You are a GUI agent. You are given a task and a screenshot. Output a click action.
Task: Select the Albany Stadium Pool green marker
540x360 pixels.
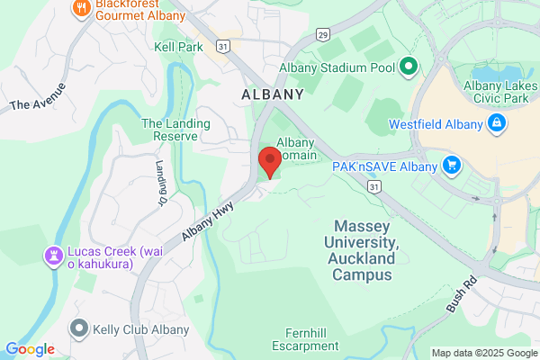point(407,66)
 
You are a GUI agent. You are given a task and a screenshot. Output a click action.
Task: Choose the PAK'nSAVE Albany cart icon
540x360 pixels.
point(452,166)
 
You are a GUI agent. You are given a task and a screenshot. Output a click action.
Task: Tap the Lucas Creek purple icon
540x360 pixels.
point(53,256)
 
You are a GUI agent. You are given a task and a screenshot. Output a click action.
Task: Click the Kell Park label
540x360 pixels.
point(177,46)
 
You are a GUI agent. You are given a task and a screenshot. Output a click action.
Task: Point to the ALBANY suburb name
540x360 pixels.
point(272,94)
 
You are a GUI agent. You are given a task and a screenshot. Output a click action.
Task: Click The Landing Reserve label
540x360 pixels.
point(175,130)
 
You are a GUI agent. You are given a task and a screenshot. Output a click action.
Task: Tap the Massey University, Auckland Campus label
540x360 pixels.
point(363,249)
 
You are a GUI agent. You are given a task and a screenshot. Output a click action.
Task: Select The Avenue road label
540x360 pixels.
point(38,96)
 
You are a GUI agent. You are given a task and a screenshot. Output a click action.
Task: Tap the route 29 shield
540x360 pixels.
point(322,35)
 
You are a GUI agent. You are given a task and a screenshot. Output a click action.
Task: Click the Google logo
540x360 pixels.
point(30,349)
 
